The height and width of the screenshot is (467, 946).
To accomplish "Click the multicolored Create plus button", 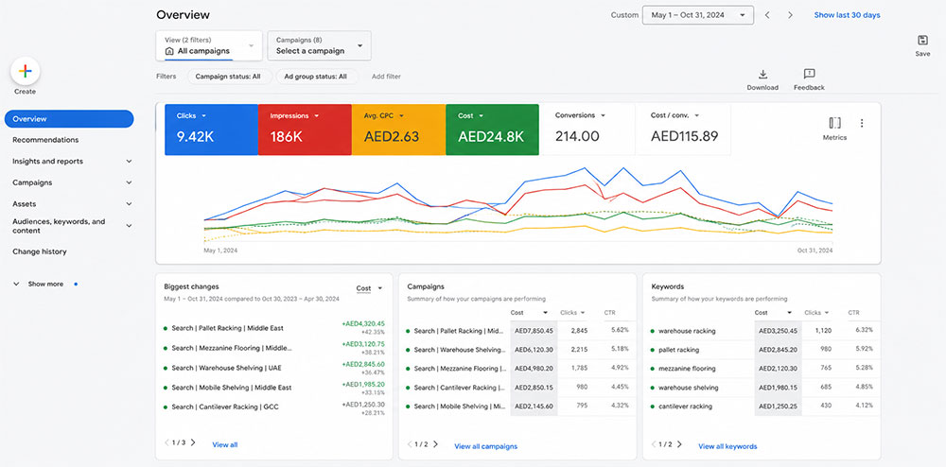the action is pos(26,71).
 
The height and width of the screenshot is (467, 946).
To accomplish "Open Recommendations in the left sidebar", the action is pos(45,140).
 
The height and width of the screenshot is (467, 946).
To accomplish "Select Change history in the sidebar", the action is pos(40,251).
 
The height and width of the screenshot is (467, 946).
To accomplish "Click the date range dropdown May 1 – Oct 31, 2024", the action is pos(698,15).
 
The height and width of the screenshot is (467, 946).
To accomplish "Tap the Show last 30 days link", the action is pos(847,15).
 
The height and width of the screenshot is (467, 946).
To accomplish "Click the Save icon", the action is pos(922,41).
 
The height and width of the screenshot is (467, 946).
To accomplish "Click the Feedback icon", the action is pos(809,74).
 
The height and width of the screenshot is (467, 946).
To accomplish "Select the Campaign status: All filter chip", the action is pos(228,77).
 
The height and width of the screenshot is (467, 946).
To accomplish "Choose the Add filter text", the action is pos(386,77).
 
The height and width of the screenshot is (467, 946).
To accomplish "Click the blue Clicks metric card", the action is pos(211,130).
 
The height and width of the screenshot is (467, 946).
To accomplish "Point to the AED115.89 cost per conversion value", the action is pos(684,136).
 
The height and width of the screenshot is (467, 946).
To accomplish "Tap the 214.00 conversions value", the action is pos(577,136).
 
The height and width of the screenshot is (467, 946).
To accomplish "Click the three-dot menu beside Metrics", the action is pos(862,123).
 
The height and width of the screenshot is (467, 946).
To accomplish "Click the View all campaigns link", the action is pos(485,446).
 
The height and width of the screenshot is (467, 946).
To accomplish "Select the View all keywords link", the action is pos(727,446).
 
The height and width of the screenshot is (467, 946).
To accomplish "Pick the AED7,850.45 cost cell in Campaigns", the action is pos(533,331).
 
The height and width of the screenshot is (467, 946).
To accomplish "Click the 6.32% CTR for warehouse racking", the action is pos(864,330).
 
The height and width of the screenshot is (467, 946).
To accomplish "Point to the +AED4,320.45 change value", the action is pos(363,323).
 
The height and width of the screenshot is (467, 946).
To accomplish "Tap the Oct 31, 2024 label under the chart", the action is pos(815,251).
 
